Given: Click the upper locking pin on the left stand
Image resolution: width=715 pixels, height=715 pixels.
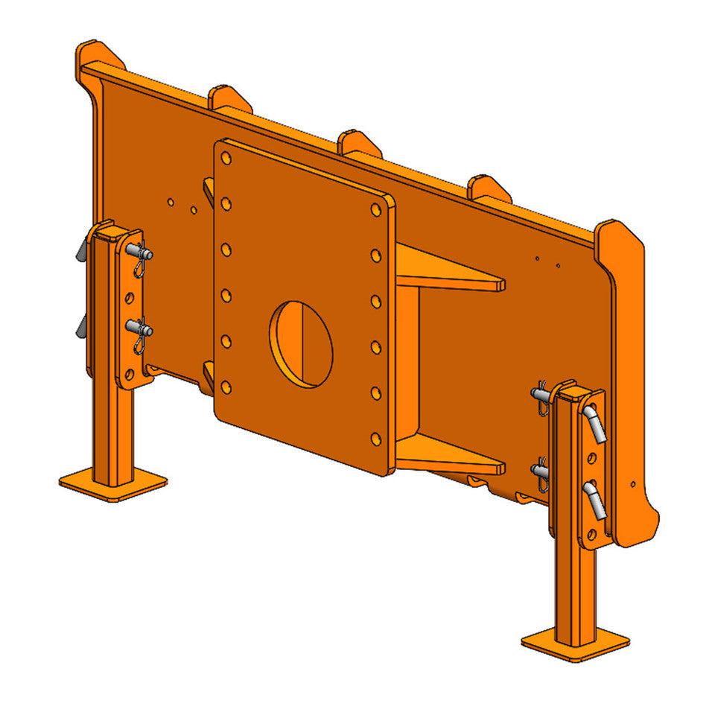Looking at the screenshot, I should pos(140,255).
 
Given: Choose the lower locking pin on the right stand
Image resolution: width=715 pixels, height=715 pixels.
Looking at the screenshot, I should pos(542,470).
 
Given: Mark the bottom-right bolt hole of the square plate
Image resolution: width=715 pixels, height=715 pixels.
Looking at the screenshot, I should pos(376,438).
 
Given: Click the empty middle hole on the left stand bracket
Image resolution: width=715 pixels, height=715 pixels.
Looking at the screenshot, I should pos(131,298).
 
